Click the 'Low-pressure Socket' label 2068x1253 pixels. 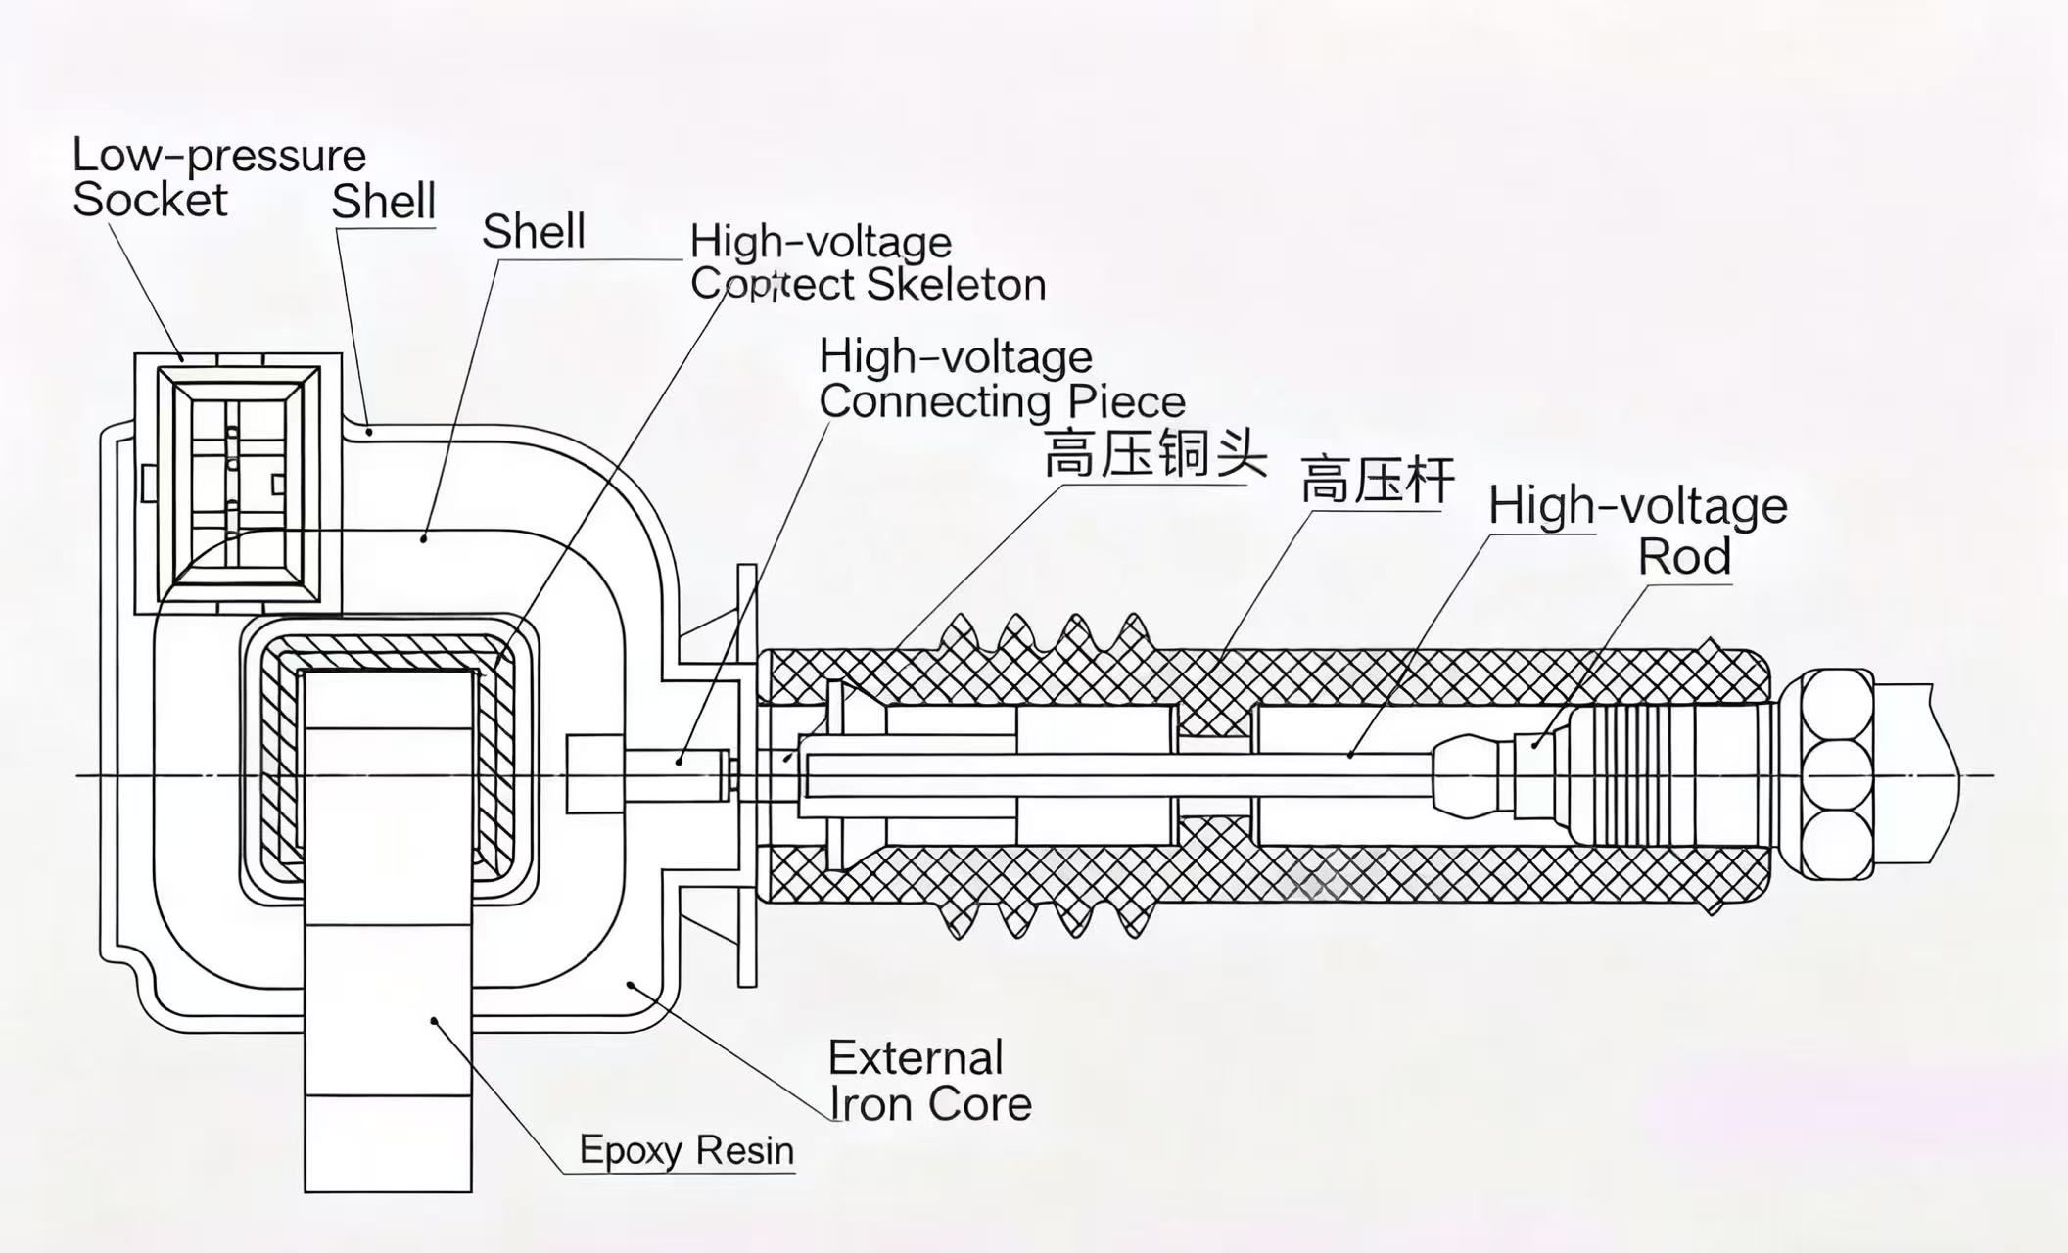tap(218, 177)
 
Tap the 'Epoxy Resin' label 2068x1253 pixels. tap(686, 1149)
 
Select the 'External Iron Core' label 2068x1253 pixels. tap(929, 1081)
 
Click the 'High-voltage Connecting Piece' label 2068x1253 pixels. tap(1002, 379)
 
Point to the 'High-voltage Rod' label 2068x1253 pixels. tap(1638, 530)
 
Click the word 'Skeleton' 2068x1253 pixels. tap(957, 285)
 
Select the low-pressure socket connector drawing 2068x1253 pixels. tap(238, 483)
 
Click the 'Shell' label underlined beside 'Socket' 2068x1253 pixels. tap(383, 202)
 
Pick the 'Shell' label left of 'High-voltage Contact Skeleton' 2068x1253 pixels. tap(534, 232)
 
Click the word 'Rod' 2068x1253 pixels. tap(1684, 556)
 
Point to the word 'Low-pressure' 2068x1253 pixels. tap(219, 156)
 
